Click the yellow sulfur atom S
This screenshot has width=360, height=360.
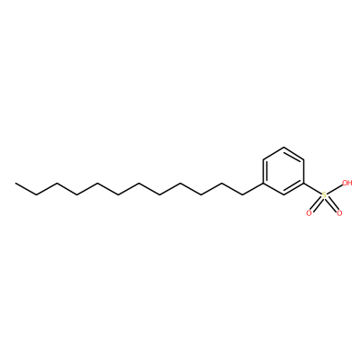(x=324, y=195)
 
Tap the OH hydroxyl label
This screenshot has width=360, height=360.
(x=347, y=183)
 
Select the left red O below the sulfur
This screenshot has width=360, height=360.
(x=309, y=213)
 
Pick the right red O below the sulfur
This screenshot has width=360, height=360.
(x=339, y=213)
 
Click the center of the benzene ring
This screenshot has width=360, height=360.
(x=283, y=171)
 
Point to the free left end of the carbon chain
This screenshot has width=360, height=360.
(x=15, y=183)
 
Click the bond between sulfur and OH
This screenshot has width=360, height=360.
(x=335, y=189)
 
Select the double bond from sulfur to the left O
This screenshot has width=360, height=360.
(x=317, y=204)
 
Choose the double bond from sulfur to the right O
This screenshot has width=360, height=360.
(x=332, y=204)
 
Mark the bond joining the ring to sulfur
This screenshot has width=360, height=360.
(x=313, y=189)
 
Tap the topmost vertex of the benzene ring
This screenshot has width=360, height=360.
(x=283, y=147)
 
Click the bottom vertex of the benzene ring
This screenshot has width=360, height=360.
(x=283, y=195)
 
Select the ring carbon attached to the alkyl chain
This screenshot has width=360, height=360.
(x=263, y=183)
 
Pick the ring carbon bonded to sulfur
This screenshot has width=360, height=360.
(x=304, y=183)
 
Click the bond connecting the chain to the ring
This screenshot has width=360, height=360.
(x=253, y=189)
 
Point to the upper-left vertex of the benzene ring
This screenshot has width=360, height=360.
(x=263, y=159)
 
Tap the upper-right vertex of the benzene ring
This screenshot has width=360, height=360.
(x=304, y=159)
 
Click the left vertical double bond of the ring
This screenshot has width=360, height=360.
(x=265, y=171)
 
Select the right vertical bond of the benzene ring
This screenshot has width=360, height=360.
(x=304, y=171)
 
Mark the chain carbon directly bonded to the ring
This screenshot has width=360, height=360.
(x=242, y=195)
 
